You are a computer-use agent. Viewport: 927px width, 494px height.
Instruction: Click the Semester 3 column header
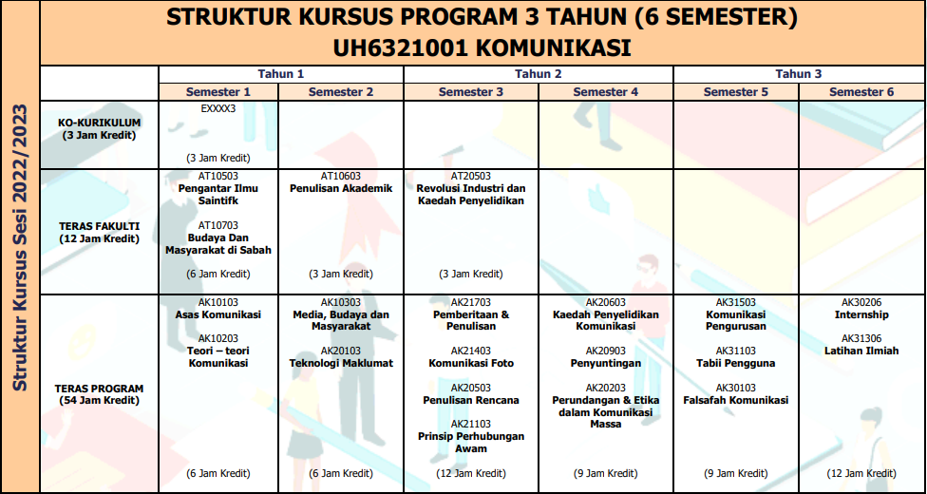click(x=471, y=92)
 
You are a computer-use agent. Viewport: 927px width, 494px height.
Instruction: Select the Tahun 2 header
click(x=539, y=74)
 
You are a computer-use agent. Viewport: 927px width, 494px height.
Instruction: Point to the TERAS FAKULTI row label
click(x=100, y=232)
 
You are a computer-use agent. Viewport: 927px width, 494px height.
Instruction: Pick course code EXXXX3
click(x=218, y=108)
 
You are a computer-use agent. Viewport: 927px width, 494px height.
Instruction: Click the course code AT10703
click(x=218, y=225)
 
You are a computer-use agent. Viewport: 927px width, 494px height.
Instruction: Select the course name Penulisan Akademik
click(x=341, y=188)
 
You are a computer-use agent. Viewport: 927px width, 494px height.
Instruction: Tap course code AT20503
click(x=471, y=176)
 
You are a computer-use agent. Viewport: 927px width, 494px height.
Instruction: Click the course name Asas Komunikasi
click(x=218, y=314)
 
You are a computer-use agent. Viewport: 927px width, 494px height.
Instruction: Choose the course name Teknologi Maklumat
click(x=341, y=363)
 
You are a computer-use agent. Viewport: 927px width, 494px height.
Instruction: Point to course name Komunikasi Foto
click(x=471, y=363)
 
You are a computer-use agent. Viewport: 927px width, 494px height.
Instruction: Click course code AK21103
click(x=471, y=424)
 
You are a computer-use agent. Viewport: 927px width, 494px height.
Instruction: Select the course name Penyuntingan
click(x=606, y=363)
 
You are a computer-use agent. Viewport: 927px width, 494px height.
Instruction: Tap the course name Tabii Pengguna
click(x=736, y=363)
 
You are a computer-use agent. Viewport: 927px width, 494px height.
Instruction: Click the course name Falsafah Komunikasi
click(x=736, y=400)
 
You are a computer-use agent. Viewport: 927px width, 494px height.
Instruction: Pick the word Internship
click(x=861, y=314)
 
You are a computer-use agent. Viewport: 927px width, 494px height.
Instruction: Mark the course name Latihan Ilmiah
click(x=861, y=351)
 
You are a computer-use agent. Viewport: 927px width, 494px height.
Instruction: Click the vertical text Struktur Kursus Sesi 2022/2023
click(x=19, y=247)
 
